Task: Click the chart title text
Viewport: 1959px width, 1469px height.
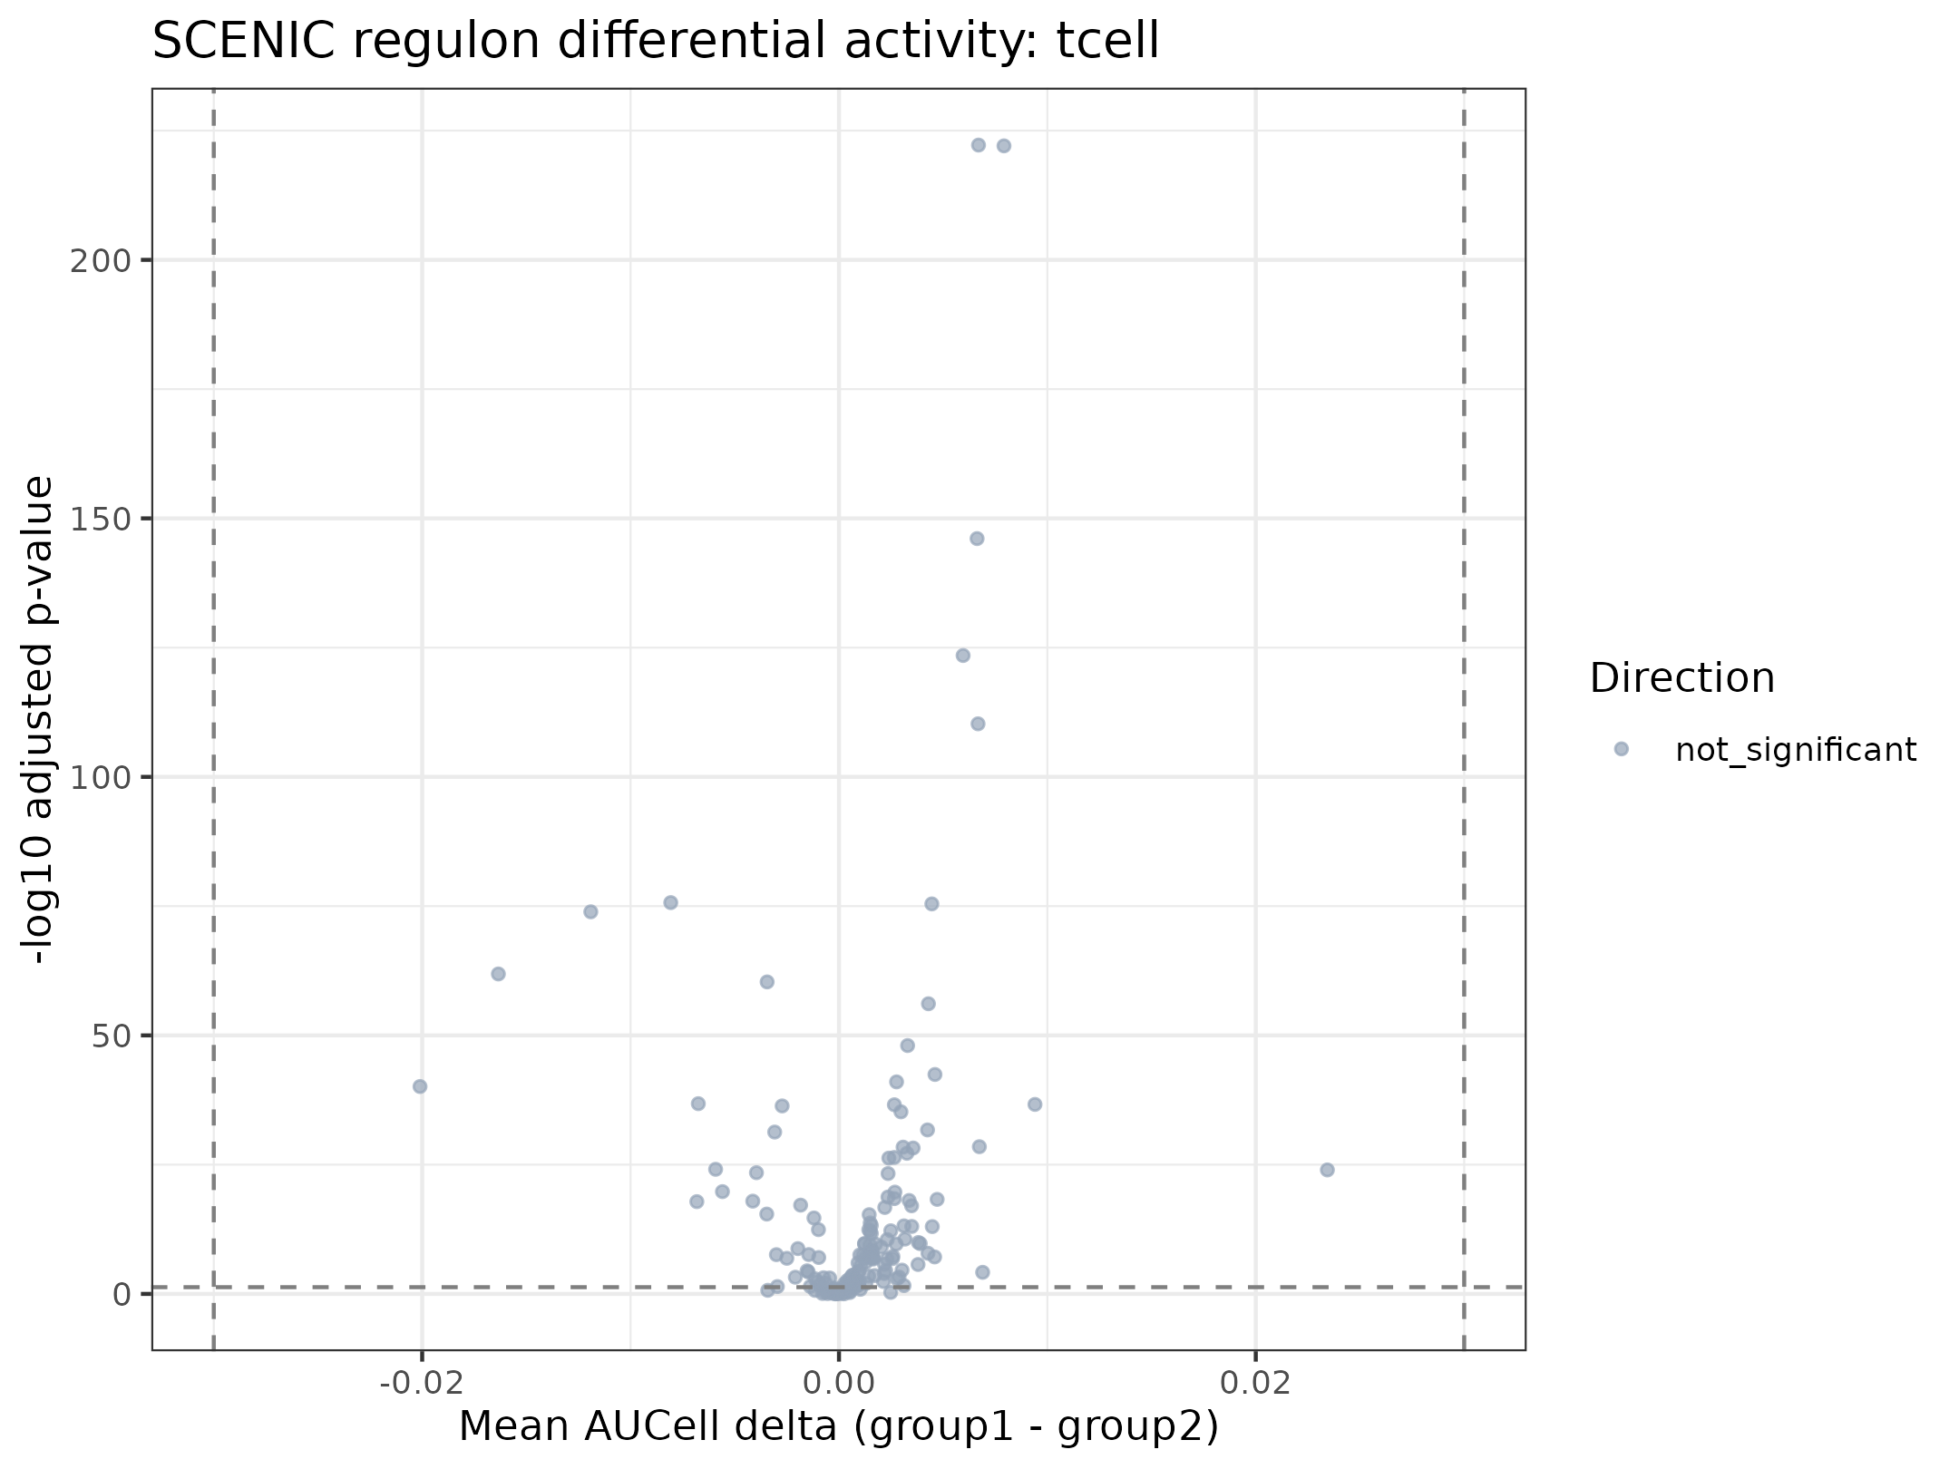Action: coord(655,42)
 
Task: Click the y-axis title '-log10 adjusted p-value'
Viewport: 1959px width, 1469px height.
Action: coord(38,720)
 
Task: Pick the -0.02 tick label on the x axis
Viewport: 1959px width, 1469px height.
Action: coord(421,1383)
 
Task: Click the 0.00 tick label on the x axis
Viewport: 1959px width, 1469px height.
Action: coord(839,1383)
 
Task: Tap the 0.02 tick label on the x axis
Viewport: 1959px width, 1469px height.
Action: coord(1255,1383)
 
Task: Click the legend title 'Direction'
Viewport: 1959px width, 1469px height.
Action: coord(1682,678)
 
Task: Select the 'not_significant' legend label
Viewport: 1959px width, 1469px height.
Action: coord(1796,750)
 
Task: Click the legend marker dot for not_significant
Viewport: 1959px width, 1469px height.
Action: coord(1622,749)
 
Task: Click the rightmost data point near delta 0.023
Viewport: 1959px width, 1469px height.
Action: coord(1327,1170)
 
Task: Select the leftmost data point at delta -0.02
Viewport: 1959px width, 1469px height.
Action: coord(420,1086)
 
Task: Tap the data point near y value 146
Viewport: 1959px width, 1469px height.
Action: coord(977,539)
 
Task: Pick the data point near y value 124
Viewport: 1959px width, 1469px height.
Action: coord(963,656)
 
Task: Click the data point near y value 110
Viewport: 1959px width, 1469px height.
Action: coord(978,724)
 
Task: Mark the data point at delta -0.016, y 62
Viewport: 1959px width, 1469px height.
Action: coord(498,974)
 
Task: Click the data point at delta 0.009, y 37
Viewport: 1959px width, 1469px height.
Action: coord(1035,1104)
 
